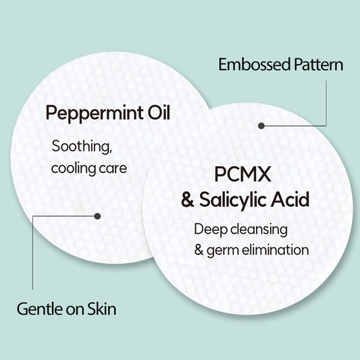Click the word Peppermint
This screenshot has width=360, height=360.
(x=95, y=113)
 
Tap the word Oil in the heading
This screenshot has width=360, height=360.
(x=159, y=112)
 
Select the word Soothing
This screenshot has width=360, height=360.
(x=82, y=147)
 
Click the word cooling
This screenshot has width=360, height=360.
(x=73, y=169)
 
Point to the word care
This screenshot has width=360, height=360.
(x=113, y=169)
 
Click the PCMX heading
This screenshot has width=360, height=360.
(x=242, y=174)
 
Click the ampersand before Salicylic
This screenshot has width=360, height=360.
(x=188, y=200)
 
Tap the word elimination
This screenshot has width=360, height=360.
(x=276, y=249)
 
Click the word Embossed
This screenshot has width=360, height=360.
(x=255, y=65)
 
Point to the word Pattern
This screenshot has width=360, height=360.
(x=319, y=65)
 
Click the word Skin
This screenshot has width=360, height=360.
(x=102, y=309)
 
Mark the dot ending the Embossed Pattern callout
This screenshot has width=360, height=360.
(x=261, y=126)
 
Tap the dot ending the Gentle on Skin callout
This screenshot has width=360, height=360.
(x=97, y=216)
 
